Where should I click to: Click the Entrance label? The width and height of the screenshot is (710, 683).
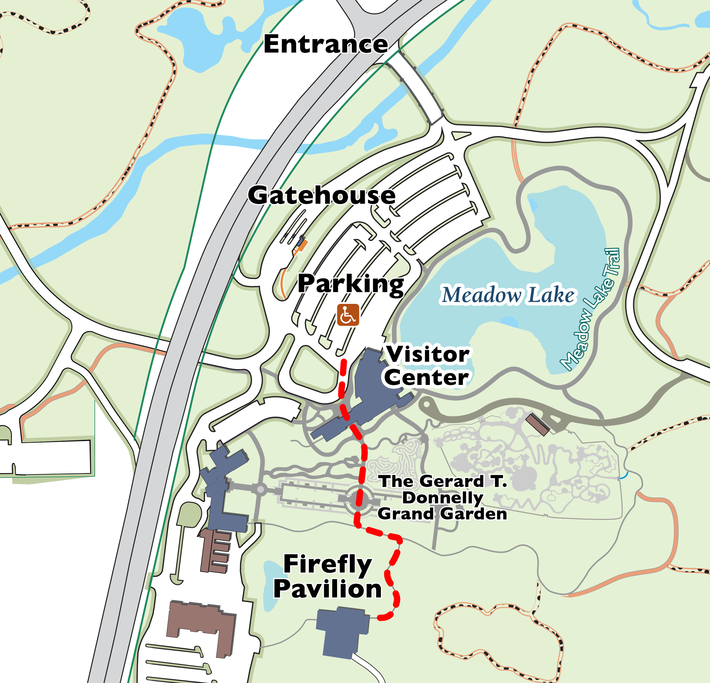point(325,44)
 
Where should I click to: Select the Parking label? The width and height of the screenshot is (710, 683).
point(350,284)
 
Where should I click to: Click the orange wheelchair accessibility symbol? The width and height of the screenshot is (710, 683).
point(348,314)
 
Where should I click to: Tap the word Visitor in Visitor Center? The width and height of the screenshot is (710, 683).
point(428,354)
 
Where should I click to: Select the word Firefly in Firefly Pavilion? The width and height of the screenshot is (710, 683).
point(327,564)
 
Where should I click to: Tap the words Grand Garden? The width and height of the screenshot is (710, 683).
point(442,514)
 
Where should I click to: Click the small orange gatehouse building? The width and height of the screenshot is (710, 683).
point(301,245)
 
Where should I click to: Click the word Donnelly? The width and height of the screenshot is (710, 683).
point(442,498)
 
